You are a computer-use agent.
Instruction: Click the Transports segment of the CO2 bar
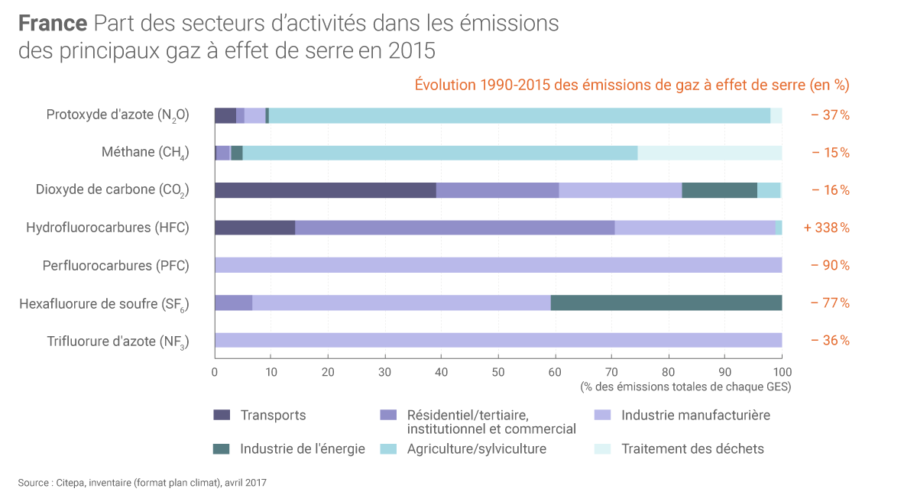click(x=325, y=190)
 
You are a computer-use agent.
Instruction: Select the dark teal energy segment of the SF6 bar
click(x=666, y=302)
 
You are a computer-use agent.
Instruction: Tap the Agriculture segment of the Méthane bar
click(x=439, y=153)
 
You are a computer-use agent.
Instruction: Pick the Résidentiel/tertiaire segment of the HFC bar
click(x=455, y=228)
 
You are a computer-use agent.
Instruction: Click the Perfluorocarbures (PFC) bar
click(x=497, y=265)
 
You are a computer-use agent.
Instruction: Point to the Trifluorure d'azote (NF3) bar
click(x=497, y=340)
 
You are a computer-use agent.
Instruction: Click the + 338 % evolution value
click(x=826, y=228)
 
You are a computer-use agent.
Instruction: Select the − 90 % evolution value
click(x=829, y=265)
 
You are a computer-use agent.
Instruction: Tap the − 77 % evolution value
click(x=829, y=302)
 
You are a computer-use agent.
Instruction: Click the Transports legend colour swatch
click(x=222, y=416)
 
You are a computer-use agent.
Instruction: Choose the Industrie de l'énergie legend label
click(x=303, y=448)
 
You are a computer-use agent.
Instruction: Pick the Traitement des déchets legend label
click(x=692, y=448)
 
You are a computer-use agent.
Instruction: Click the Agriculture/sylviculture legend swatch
click(x=388, y=448)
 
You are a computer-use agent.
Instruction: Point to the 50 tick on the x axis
click(x=498, y=372)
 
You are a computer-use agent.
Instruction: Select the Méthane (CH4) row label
click(x=145, y=153)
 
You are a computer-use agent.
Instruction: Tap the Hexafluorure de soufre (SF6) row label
click(x=104, y=303)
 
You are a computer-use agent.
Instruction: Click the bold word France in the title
click(x=53, y=24)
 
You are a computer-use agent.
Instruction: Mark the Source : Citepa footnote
click(x=142, y=482)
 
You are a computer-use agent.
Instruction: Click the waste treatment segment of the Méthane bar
click(x=709, y=153)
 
